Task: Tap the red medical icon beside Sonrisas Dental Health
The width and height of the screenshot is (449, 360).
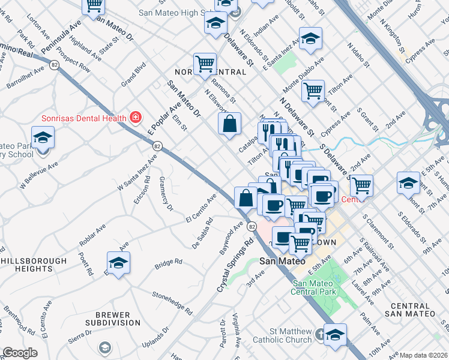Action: click(136, 117)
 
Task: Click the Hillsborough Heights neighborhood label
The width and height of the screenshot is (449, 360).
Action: click(34, 265)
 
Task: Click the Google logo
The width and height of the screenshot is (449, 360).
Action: click(20, 353)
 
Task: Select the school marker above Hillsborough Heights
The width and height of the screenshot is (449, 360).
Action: click(118, 262)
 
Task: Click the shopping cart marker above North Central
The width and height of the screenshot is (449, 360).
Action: click(205, 63)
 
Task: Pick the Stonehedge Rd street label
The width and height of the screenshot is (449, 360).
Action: click(172, 303)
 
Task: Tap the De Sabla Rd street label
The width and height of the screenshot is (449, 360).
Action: click(203, 233)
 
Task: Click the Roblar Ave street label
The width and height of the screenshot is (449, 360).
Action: click(92, 235)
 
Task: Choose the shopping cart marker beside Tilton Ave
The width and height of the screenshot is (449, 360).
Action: click(313, 91)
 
